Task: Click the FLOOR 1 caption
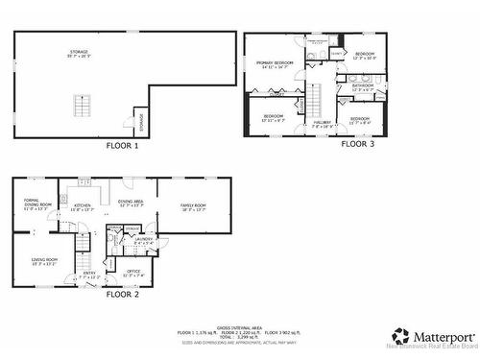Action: click(122, 146)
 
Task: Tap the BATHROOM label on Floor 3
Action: click(363, 86)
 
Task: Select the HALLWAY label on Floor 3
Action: click(323, 124)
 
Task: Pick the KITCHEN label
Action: click(83, 206)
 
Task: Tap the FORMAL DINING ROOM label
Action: click(36, 204)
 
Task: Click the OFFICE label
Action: click(132, 274)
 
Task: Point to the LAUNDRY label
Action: click(144, 240)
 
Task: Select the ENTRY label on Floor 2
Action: click(90, 275)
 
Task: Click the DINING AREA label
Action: click(131, 204)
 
